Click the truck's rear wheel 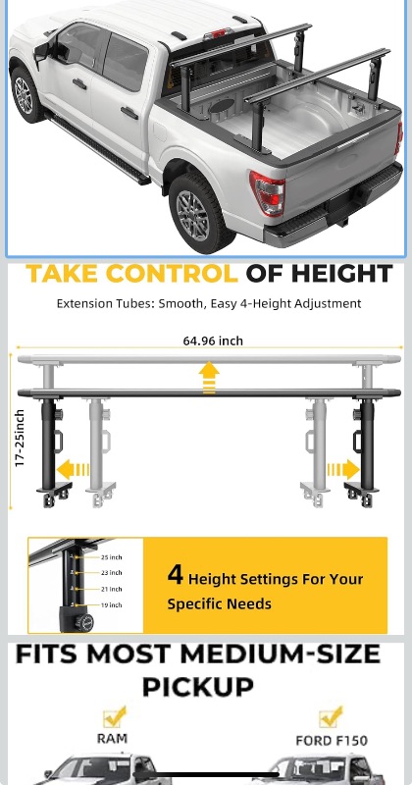tap(196, 214)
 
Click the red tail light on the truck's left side tap(268, 192)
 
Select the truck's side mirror tap(42, 51)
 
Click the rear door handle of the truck tap(129, 113)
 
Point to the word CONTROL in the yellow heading tap(173, 274)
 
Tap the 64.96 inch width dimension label tap(213, 340)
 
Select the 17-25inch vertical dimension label tap(20, 438)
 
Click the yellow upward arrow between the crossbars tap(209, 378)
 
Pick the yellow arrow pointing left tap(73, 470)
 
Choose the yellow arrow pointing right tap(343, 470)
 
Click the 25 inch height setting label tap(111, 557)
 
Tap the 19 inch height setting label tap(111, 605)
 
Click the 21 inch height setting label tap(111, 590)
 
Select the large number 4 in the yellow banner tap(176, 574)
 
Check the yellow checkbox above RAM tap(114, 717)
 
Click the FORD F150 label tap(332, 741)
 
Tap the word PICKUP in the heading tap(198, 687)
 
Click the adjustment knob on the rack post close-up tap(84, 622)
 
